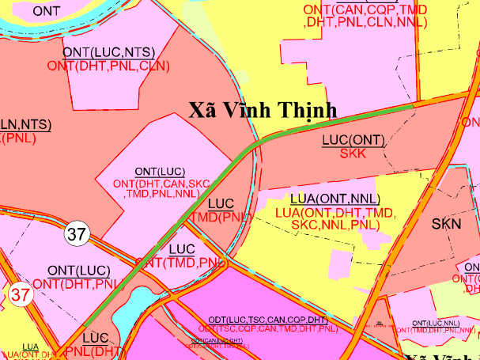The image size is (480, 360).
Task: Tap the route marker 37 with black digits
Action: pos(77,234)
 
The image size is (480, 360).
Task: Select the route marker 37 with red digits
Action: pos(21,295)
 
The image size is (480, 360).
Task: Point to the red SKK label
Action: pos(353,154)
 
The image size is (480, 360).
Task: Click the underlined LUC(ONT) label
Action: pos(353,140)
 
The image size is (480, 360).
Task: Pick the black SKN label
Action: pos(446,225)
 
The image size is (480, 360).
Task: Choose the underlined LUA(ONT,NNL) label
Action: pos(335,199)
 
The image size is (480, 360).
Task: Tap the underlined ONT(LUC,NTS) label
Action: pos(109,52)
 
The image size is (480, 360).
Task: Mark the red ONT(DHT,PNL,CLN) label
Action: pos(109,66)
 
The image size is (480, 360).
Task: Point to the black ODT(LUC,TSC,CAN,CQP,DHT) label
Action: pos(267,319)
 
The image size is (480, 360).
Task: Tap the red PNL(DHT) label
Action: pos(95,351)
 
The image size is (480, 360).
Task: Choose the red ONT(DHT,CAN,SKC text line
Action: pos(160,183)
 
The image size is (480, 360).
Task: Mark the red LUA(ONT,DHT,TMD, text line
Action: pos(335,213)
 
